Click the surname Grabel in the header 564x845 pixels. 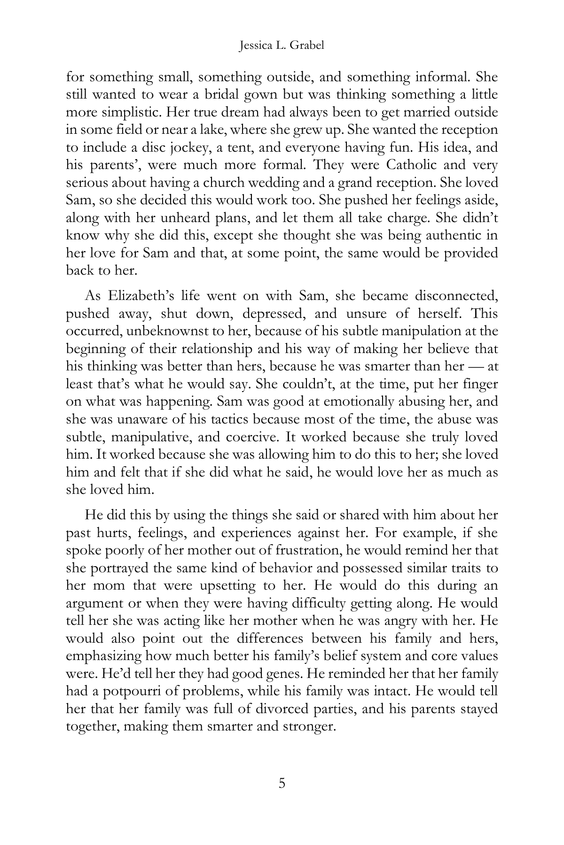click(307, 46)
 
